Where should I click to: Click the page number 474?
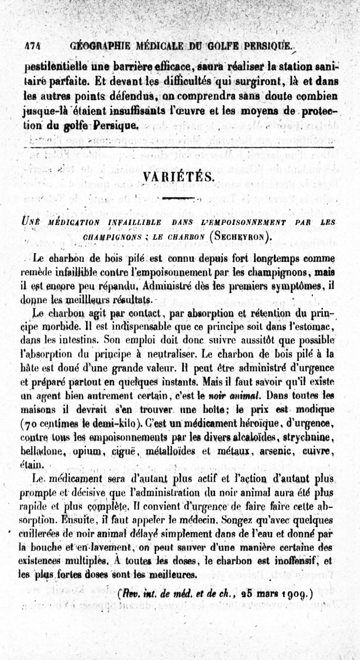(32, 46)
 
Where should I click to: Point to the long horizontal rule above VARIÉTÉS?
(180, 147)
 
